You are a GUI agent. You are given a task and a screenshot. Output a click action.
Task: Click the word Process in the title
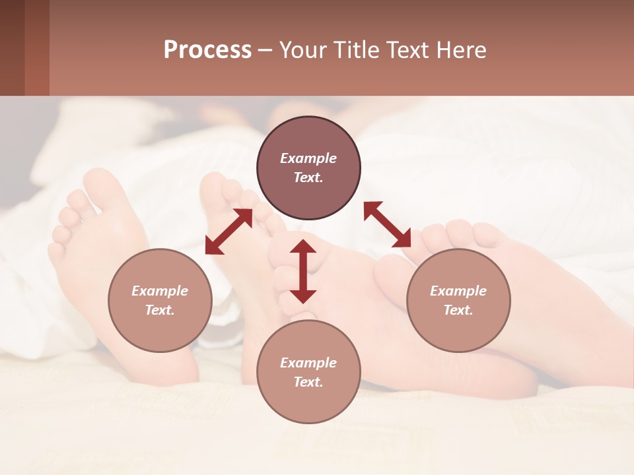point(207,50)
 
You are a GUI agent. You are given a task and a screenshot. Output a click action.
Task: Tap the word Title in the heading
point(353,50)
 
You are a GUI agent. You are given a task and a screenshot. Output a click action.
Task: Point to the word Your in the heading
point(304,50)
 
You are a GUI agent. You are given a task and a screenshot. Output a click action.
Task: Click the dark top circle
point(308,168)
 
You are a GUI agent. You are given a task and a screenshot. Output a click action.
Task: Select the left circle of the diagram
point(160,300)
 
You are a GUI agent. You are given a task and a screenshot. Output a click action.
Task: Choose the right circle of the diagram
point(458,300)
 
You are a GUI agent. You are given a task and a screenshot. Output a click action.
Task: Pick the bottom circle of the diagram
point(308,372)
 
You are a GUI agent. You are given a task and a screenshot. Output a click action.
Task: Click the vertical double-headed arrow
point(303,271)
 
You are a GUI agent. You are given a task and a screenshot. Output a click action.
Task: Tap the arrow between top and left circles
point(229,232)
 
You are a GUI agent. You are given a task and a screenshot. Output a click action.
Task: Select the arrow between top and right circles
point(387,224)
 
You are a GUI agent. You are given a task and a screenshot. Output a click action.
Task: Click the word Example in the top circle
point(308,158)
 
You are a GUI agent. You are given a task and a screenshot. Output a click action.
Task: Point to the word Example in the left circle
point(160,291)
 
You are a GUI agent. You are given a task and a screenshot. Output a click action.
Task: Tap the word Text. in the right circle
point(458,310)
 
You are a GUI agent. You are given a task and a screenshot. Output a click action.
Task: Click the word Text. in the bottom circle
point(308,382)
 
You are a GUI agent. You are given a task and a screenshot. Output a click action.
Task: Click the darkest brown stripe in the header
point(12,47)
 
